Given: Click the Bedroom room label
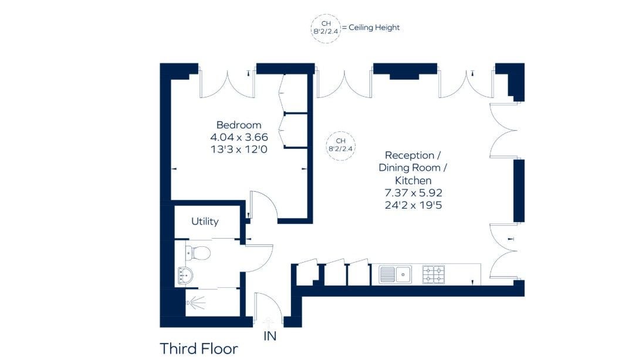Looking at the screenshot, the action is (239, 125).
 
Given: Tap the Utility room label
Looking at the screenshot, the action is (205, 221).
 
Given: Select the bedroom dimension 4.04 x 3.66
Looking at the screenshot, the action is (239, 137).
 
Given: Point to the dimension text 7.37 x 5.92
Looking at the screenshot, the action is (413, 193).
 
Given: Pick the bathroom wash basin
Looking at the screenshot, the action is (185, 276).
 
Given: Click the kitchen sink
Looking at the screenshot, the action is (395, 274).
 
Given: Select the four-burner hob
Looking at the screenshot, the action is (434, 274).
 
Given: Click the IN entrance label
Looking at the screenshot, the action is (270, 336).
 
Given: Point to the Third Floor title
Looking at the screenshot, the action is (199, 349).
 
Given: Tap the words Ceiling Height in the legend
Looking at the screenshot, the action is (374, 28).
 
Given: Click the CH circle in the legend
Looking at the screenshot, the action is (326, 28).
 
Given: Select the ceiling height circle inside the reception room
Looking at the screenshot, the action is (340, 145).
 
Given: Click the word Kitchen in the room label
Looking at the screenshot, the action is (413, 181).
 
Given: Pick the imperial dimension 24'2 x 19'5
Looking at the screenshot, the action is (413, 205).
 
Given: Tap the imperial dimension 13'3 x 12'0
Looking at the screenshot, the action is (239, 150).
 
